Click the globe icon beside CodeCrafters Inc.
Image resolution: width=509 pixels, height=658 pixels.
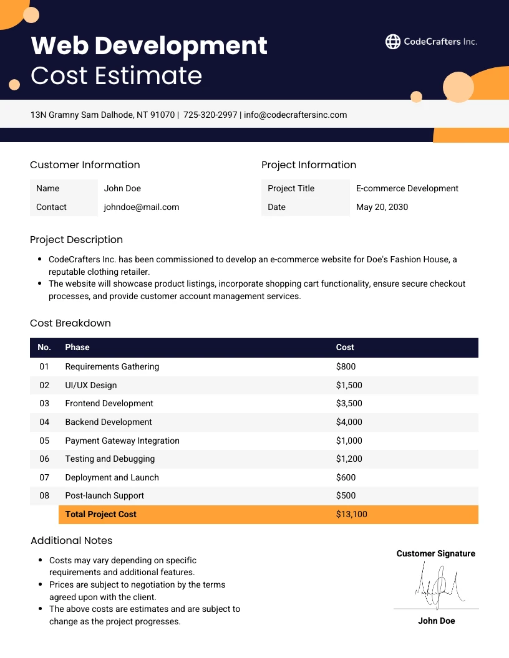pos(393,42)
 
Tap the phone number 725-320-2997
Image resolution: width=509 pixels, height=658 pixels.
pos(210,115)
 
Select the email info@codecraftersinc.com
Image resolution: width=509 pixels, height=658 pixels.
pos(295,115)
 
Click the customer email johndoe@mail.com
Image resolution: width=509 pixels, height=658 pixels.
pos(142,207)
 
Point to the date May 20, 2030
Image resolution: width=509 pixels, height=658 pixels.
pos(382,207)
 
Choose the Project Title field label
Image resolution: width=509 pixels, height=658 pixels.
pos(291,188)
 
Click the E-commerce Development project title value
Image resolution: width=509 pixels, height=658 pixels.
pos(407,188)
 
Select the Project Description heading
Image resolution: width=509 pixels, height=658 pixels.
pos(76,240)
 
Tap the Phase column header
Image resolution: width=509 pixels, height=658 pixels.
pos(77,347)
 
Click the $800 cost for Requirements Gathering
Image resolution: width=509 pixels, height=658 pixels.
pos(346,366)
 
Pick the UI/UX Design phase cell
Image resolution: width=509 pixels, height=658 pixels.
pos(91,385)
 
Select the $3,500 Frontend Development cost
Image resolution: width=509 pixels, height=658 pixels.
pos(349,403)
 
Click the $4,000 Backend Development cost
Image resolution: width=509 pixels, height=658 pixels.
pos(349,422)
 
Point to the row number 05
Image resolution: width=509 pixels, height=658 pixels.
pos(44,441)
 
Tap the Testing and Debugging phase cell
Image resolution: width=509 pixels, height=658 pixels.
pos(110,459)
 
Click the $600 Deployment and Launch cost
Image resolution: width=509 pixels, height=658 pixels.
pos(346,477)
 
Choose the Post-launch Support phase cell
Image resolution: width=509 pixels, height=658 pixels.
pos(105,495)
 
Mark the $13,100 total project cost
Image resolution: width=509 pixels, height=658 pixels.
pos(351,514)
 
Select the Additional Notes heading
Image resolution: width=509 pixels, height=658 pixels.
pos(71,540)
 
